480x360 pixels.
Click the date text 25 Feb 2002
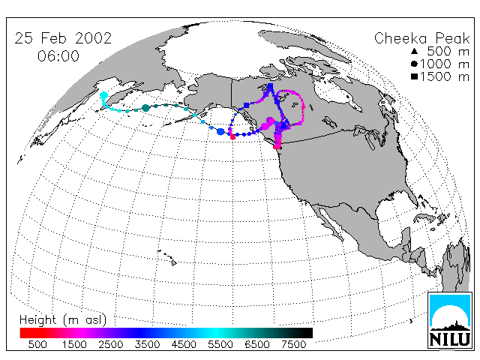click(63, 38)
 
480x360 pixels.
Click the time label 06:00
click(58, 56)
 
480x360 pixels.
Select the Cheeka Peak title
click(421, 38)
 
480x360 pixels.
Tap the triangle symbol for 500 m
click(414, 51)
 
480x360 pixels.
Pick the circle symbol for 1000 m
click(414, 64)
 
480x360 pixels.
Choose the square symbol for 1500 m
click(414, 76)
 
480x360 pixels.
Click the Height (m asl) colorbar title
click(63, 320)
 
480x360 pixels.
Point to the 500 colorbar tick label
click(37, 345)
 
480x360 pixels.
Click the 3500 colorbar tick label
click(147, 345)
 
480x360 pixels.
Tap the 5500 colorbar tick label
click(220, 345)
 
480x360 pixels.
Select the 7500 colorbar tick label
click(293, 345)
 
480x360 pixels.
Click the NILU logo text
click(450, 339)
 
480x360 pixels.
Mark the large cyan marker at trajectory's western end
click(104, 95)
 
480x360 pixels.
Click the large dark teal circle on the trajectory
click(145, 108)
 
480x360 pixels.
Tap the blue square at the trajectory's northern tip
click(270, 86)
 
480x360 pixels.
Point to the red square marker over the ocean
click(232, 136)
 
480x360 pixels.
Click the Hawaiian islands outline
click(167, 257)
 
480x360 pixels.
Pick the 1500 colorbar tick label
click(74, 345)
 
